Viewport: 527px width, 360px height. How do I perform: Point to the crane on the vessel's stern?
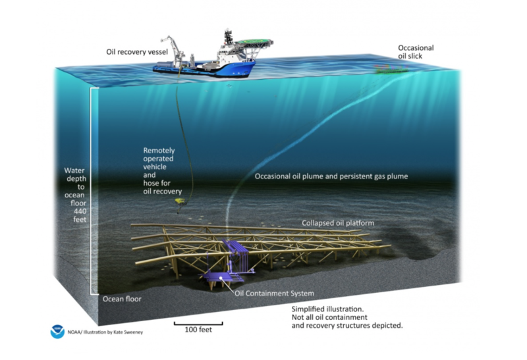(x=173, y=46)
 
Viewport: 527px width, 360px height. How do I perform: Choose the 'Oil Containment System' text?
(x=274, y=293)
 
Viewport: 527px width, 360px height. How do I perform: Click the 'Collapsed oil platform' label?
(x=338, y=223)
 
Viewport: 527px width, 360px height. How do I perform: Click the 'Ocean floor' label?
(x=122, y=299)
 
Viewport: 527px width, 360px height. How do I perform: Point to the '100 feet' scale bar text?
(x=198, y=330)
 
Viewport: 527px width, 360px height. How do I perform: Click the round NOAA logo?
(x=58, y=332)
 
